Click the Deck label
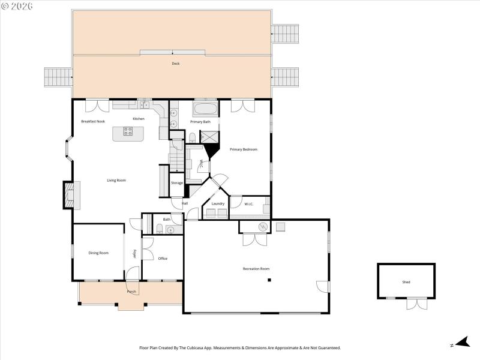[x=176, y=64]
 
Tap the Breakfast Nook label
[x=93, y=121]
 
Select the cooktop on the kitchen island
[x=128, y=131]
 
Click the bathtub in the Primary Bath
[x=205, y=110]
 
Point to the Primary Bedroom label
[x=244, y=149]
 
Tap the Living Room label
[x=116, y=180]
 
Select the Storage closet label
[x=176, y=183]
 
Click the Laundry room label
[x=218, y=203]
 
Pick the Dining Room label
[x=98, y=253]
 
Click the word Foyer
[x=134, y=254]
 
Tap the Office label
[x=163, y=259]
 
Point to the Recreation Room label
[x=256, y=269]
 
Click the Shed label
[x=407, y=282]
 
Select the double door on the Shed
[x=415, y=304]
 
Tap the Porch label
[x=131, y=292]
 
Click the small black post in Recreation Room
[x=269, y=280]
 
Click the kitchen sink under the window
[x=144, y=105]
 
